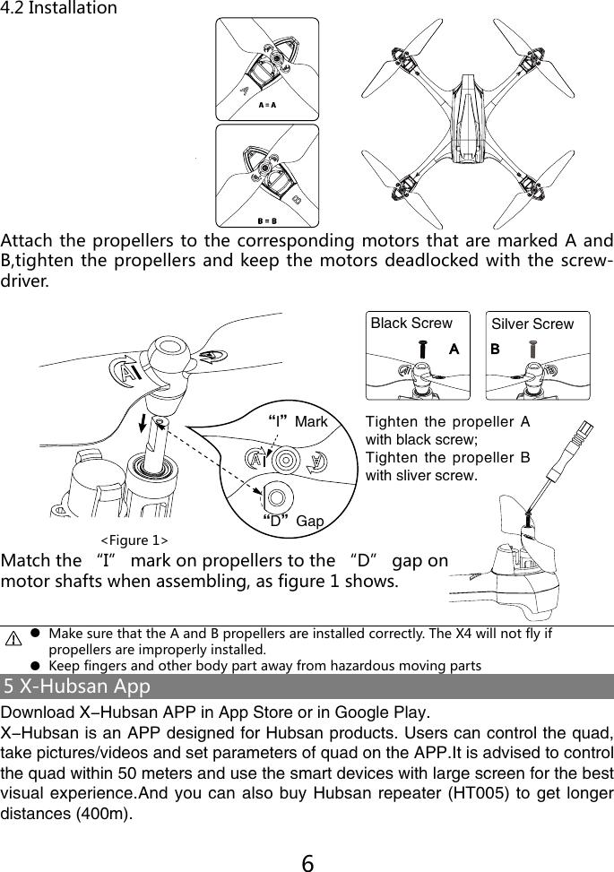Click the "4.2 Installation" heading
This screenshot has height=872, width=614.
[59, 9]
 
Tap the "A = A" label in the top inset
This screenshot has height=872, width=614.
[267, 105]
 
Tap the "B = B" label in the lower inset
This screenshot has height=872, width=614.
[267, 220]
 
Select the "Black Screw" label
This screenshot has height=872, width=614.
[411, 324]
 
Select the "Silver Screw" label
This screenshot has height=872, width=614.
[532, 324]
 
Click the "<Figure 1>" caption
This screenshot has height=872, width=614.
[134, 540]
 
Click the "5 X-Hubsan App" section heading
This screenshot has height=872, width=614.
[77, 687]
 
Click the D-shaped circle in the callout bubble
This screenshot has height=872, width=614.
[275, 493]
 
